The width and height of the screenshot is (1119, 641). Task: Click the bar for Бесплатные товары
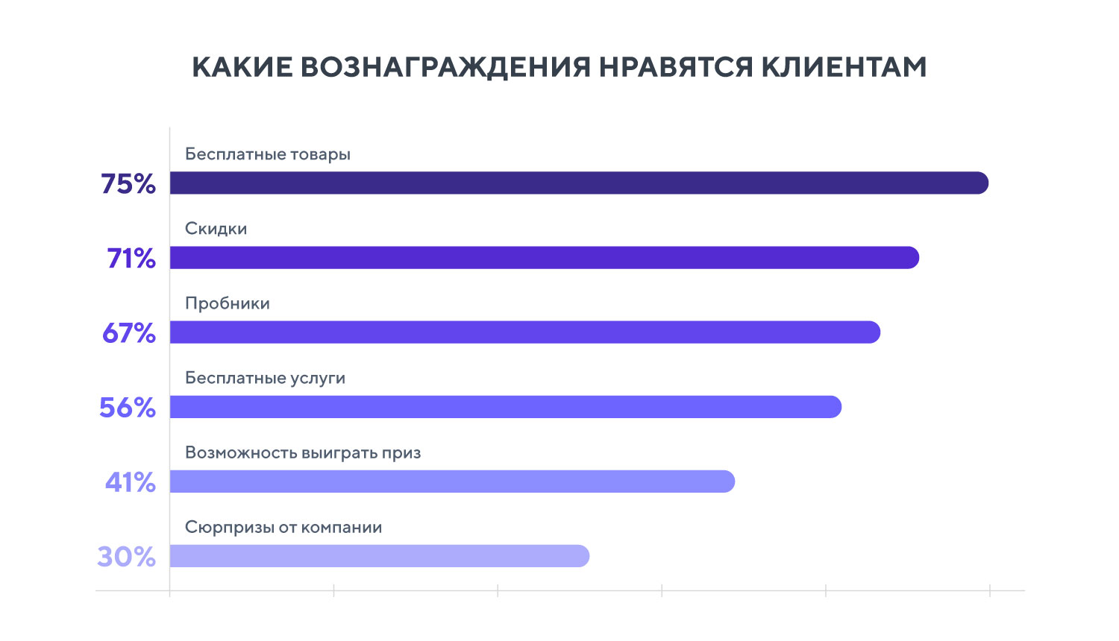tap(578, 183)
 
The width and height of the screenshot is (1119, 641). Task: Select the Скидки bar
tap(544, 258)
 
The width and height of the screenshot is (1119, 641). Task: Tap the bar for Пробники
tap(524, 332)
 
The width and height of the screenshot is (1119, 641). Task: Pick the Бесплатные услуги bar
tap(505, 407)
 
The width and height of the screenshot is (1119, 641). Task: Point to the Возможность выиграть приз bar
tap(452, 481)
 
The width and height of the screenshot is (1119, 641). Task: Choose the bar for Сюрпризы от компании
tap(379, 556)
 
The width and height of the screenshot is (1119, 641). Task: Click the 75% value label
tap(128, 184)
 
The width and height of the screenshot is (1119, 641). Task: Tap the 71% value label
tap(131, 259)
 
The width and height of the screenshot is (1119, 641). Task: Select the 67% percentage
tap(129, 333)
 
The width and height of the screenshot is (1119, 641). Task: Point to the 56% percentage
tap(128, 408)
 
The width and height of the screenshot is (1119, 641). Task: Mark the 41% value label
tap(131, 482)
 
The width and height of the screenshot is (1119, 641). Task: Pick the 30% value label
tap(127, 557)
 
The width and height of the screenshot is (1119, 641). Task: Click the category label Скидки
tap(216, 229)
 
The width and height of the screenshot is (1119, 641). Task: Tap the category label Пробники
tap(228, 303)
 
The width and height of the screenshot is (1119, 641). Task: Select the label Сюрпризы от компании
tap(283, 528)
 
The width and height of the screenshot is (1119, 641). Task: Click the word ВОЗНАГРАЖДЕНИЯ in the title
tap(446, 67)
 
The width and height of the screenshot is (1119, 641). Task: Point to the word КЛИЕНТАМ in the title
tap(844, 67)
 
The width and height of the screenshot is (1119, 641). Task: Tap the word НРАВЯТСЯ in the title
tap(677, 67)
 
